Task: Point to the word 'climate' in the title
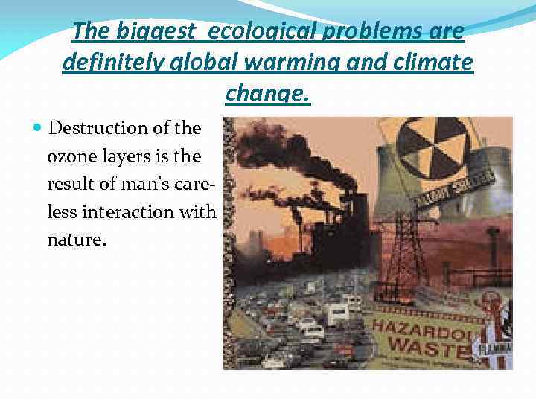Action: point(433,63)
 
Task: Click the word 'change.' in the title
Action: point(267,95)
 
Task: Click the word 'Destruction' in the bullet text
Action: point(94,128)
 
